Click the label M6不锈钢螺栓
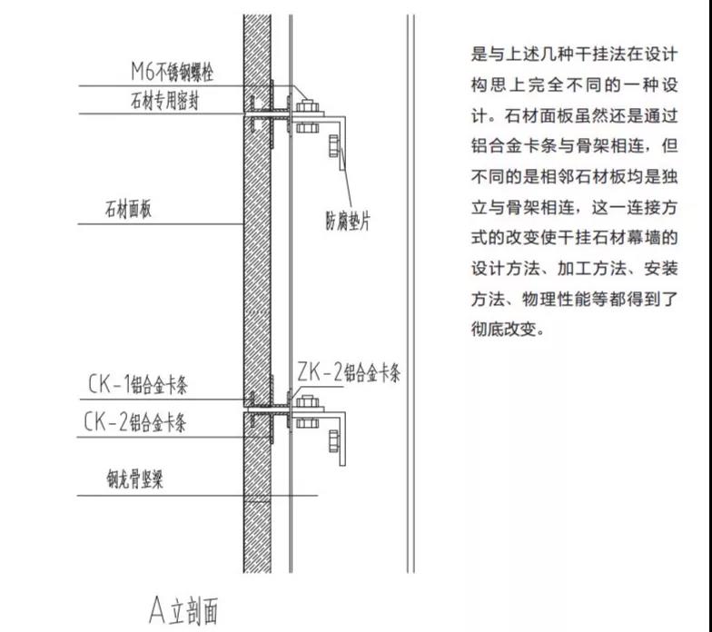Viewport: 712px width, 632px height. tap(172, 72)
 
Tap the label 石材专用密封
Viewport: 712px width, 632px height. tap(164, 100)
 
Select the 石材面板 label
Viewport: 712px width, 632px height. tap(128, 209)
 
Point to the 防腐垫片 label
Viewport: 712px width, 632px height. tap(348, 221)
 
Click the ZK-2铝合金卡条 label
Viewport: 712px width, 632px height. tap(349, 372)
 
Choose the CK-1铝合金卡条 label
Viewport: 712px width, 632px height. tap(138, 385)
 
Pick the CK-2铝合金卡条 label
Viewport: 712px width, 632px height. tap(134, 422)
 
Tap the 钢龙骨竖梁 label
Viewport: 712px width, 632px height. tap(134, 479)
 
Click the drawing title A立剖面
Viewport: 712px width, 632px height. tap(183, 609)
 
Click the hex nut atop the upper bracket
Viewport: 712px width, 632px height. tap(307, 106)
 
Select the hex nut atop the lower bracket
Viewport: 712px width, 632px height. tap(307, 401)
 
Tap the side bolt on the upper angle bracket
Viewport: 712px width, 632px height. tap(334, 145)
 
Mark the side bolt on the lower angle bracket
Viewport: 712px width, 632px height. tap(334, 441)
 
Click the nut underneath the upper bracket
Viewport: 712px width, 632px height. tap(307, 127)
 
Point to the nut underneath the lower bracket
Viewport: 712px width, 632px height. tap(307, 423)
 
